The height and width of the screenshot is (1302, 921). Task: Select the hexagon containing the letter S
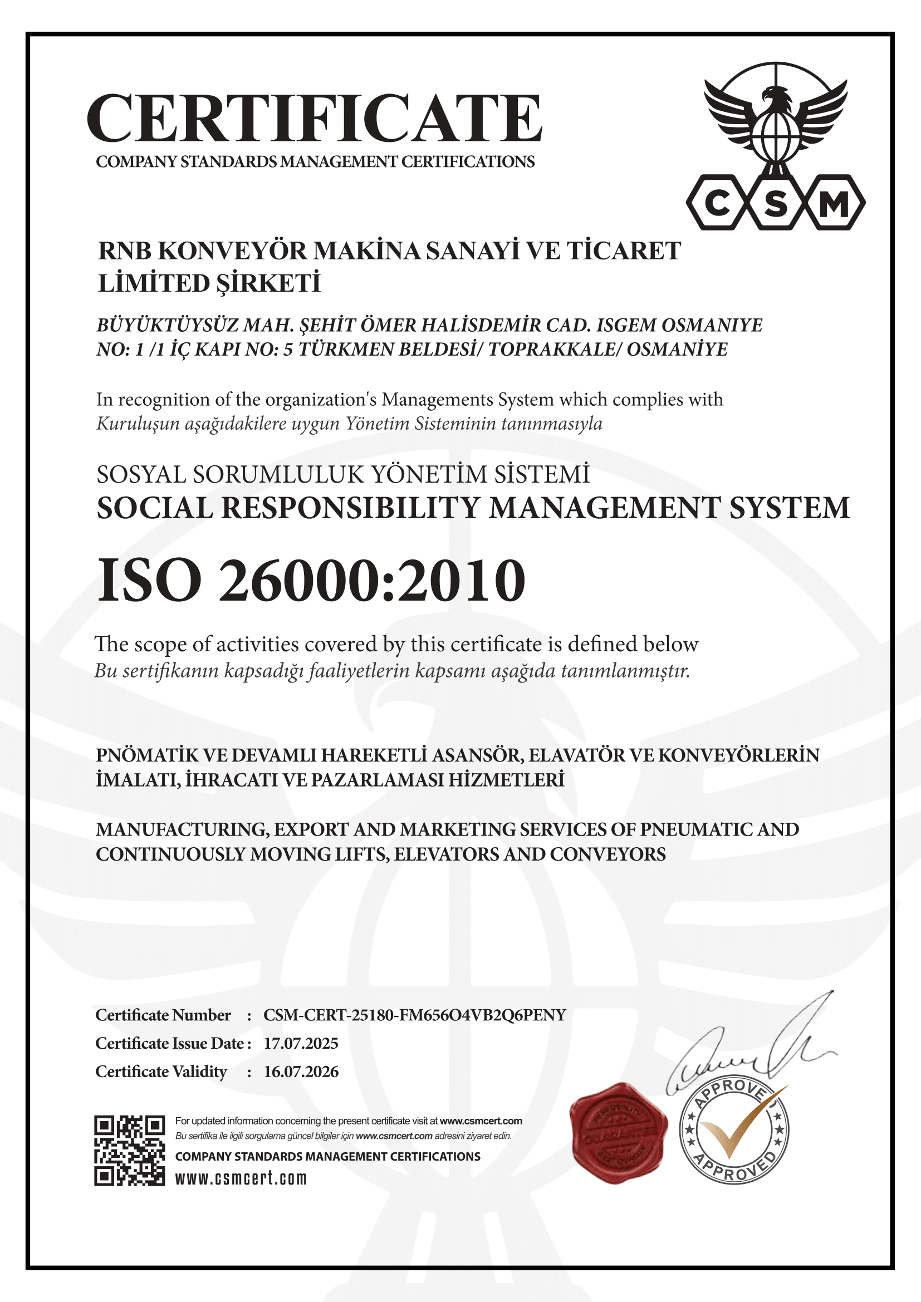[776, 203]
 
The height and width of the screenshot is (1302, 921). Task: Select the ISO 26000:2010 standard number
[311, 581]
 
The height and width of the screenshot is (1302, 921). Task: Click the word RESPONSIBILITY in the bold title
[350, 508]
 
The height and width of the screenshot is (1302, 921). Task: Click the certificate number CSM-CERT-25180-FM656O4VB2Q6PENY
[415, 1015]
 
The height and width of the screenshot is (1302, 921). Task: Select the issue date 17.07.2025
[301, 1043]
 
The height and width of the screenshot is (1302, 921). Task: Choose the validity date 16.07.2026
[301, 1072]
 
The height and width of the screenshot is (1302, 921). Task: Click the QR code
[129, 1151]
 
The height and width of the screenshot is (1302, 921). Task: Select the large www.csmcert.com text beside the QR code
[241, 1178]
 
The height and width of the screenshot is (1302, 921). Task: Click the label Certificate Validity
[161, 1072]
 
